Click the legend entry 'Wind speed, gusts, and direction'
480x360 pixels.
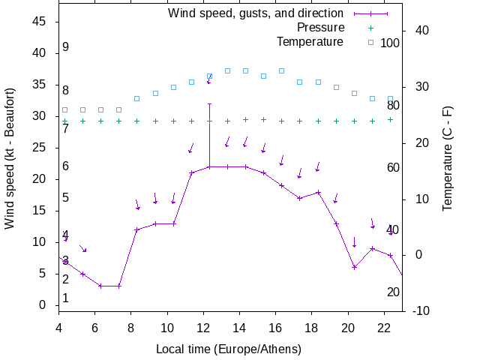255,13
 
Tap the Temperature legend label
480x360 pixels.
310,41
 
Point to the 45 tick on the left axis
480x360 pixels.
40,22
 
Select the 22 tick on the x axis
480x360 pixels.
384,327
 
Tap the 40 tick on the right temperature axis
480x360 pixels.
421,31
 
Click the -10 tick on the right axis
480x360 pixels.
421,310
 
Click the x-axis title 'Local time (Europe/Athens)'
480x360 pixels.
229,349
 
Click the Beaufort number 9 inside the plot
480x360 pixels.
66,47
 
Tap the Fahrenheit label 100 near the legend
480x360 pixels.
390,43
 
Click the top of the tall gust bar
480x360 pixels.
209,103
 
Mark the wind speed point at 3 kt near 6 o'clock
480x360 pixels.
100,286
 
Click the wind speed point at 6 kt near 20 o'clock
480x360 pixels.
354,267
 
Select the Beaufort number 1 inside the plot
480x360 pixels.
66,298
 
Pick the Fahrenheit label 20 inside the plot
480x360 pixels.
393,292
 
